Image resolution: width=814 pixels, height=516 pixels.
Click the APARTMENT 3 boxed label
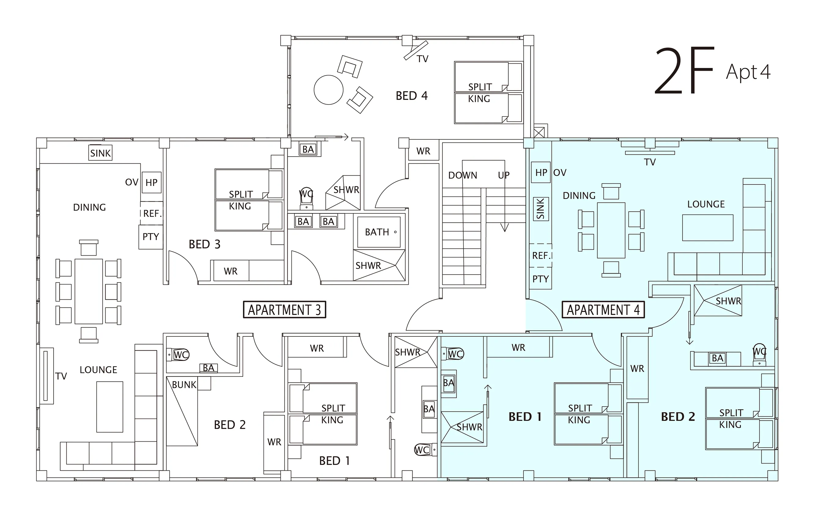coord(284,310)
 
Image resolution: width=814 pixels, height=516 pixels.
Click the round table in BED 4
coord(329,90)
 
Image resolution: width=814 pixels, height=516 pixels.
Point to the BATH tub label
coord(377,232)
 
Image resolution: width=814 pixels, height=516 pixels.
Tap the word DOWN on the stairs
coord(463,175)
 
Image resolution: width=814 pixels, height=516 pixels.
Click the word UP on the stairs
coord(504,175)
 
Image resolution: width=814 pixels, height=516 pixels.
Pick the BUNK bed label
coord(184,384)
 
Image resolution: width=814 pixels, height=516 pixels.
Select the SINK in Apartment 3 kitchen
coord(100,153)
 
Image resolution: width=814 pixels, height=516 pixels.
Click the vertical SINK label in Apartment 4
coord(541,209)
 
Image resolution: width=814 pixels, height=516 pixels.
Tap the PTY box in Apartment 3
coord(151,237)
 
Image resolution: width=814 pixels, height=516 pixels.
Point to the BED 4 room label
coord(412,96)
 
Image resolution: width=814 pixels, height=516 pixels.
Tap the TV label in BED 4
coord(422,59)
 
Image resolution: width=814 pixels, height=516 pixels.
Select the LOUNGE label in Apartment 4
coord(706,204)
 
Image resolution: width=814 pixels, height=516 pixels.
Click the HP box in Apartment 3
coord(151,183)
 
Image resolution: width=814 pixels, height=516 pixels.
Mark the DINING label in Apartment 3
coord(89,207)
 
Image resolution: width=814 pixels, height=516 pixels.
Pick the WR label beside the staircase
coord(423,151)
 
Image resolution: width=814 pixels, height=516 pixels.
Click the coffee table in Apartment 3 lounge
coord(110,407)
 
